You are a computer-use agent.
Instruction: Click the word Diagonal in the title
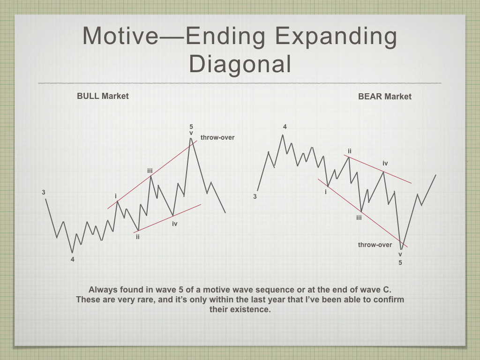240,64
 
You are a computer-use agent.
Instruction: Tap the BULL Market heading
103,96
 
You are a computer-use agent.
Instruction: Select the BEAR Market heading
385,97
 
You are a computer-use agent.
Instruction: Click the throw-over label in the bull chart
217,137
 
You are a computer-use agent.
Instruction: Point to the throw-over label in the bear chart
375,245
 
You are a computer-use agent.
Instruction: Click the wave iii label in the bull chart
150,171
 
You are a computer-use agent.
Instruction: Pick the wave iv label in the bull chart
175,224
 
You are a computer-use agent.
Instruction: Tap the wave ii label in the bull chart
138,237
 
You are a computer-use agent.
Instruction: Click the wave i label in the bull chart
116,196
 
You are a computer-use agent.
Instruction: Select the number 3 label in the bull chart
44,192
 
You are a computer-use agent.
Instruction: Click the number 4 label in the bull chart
73,259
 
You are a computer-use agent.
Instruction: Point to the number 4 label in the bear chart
285,127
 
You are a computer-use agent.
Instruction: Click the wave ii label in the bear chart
349,151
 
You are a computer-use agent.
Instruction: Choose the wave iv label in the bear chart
385,163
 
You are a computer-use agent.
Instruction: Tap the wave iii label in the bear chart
359,217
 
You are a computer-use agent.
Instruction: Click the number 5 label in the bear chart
400,262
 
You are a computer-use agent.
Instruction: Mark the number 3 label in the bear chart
255,196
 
